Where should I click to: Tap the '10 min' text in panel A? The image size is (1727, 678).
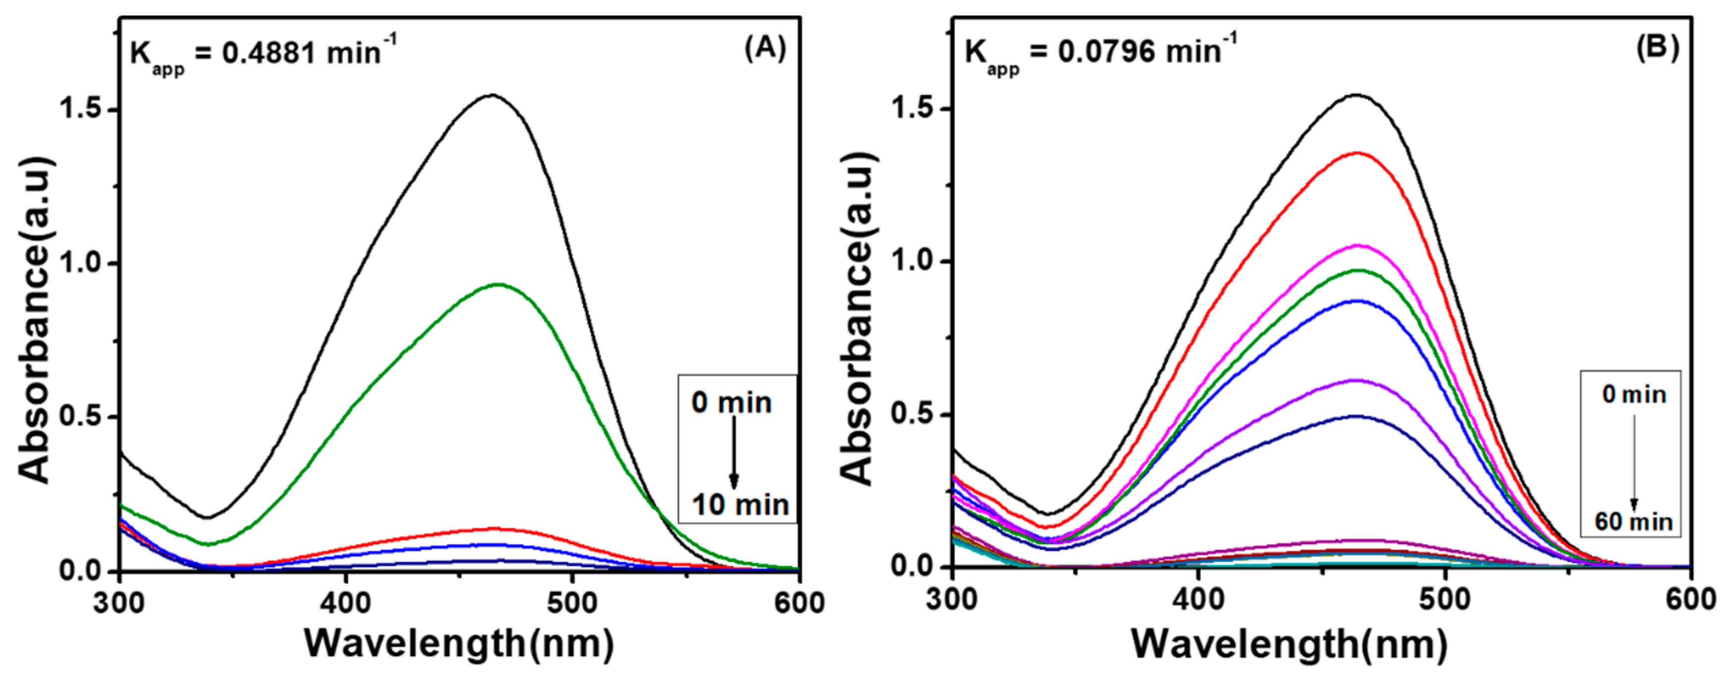740,505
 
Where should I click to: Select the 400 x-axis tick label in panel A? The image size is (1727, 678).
345,603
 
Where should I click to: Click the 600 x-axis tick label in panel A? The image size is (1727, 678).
799,603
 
